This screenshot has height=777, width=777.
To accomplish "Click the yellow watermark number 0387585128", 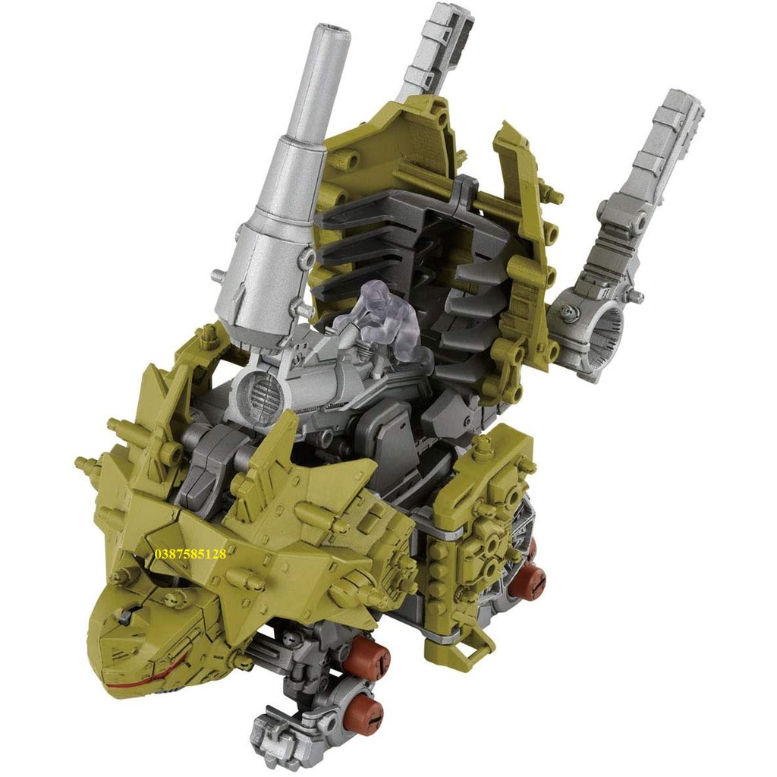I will point(190,554).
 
